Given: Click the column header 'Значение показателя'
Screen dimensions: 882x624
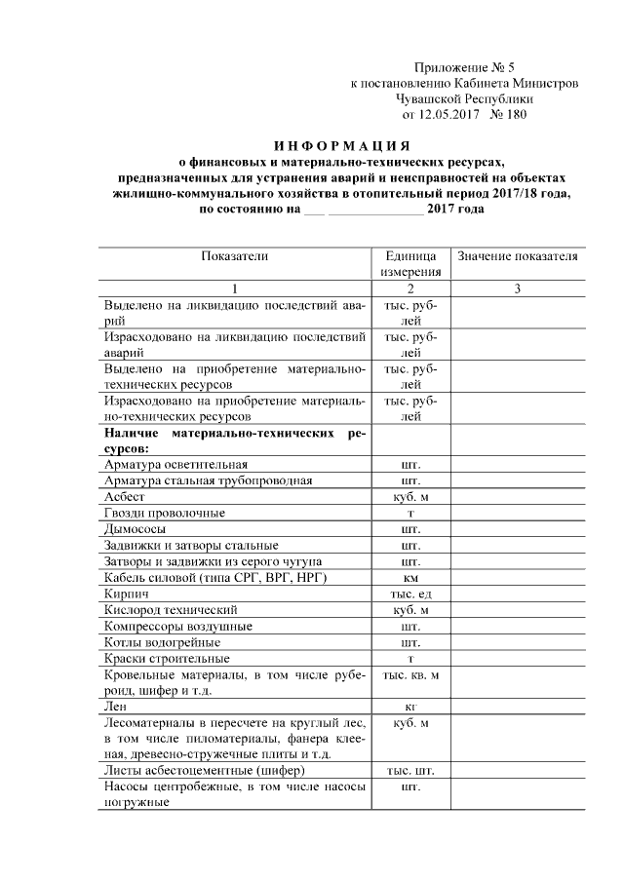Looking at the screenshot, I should [x=518, y=256].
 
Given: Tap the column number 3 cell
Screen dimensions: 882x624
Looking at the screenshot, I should [x=518, y=289].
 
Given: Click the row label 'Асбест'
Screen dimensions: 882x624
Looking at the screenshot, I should [x=124, y=497].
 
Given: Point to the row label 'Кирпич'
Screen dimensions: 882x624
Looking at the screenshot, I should [x=126, y=594].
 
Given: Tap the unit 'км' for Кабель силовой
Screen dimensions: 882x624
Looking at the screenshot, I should [x=410, y=578].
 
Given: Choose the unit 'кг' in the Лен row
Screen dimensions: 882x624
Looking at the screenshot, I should [x=410, y=704].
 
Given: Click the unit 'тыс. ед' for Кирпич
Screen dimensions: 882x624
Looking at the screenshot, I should [x=410, y=594].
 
